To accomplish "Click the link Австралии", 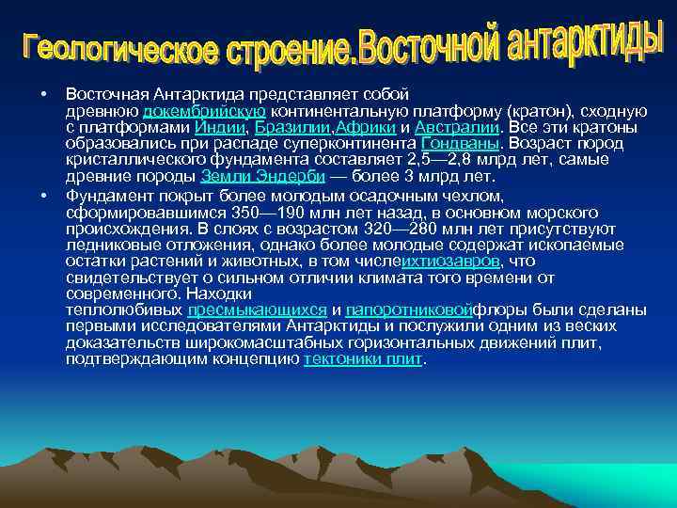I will point(455,128).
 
